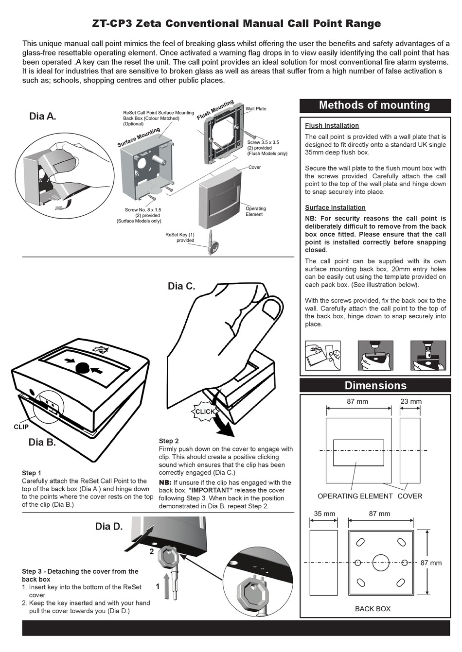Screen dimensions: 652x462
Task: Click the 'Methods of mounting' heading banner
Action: [x=374, y=105]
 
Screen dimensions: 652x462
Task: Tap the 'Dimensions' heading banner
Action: [x=375, y=386]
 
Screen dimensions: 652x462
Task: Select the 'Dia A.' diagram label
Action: [x=43, y=116]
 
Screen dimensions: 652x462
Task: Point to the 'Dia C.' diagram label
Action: [x=181, y=286]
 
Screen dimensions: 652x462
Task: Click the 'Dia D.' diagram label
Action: [x=109, y=527]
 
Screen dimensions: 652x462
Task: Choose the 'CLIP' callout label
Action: [x=21, y=427]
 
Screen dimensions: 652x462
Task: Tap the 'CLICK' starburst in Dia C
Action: [x=205, y=412]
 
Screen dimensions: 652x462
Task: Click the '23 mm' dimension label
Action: [x=411, y=402]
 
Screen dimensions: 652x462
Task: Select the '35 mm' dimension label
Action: [x=324, y=514]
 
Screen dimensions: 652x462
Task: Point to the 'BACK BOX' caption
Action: [x=373, y=609]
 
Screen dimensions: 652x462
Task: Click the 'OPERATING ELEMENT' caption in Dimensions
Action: [x=355, y=496]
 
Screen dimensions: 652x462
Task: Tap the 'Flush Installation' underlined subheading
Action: [x=332, y=126]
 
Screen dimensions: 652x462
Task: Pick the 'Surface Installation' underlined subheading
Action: [x=335, y=207]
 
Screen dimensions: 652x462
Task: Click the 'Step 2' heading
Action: [x=169, y=441]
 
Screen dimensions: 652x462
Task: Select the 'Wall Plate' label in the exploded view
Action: [x=256, y=109]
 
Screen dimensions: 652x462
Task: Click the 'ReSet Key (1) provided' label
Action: [x=180, y=238]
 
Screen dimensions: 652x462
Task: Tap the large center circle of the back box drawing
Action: [x=381, y=563]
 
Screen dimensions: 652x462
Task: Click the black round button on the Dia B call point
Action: [x=83, y=367]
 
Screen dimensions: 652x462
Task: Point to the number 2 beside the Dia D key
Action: [x=152, y=551]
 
